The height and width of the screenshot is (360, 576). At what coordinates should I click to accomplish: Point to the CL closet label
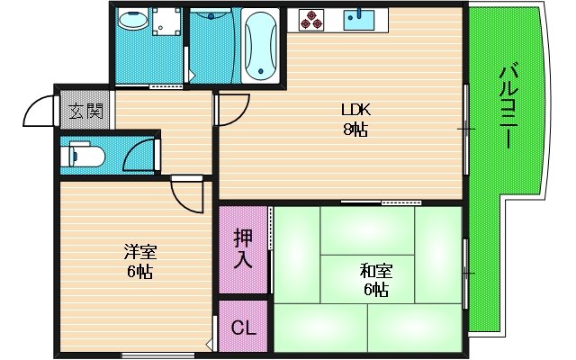click(x=243, y=328)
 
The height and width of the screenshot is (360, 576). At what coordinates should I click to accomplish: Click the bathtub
click(x=262, y=44)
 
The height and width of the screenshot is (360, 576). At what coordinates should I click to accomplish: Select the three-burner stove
click(x=311, y=19)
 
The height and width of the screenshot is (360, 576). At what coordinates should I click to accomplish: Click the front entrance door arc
click(x=40, y=112)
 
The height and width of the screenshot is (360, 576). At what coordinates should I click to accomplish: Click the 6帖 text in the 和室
click(x=375, y=289)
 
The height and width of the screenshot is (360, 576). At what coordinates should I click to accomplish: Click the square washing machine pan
click(x=162, y=29)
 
